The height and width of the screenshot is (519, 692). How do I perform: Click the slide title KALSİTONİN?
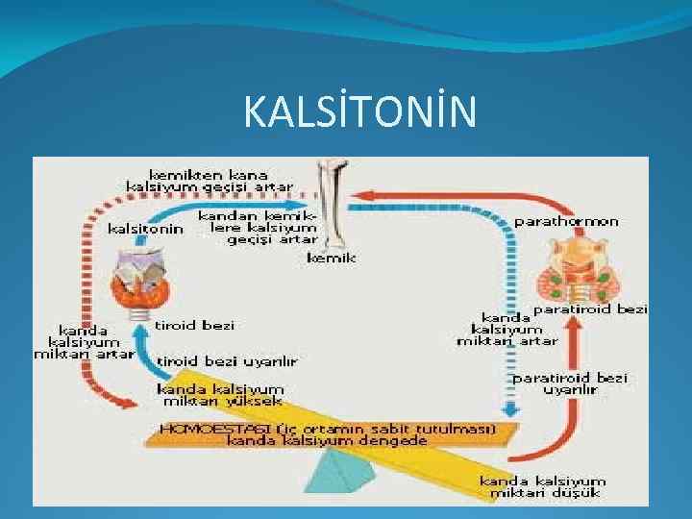click(359, 112)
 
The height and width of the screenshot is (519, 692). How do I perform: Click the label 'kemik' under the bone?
click(332, 258)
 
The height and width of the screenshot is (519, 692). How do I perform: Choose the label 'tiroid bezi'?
click(198, 326)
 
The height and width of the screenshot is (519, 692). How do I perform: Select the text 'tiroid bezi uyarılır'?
click(227, 361)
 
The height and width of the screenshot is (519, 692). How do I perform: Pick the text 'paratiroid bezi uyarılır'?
click(571, 384)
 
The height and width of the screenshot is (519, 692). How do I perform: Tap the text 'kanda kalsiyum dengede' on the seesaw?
click(327, 441)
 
